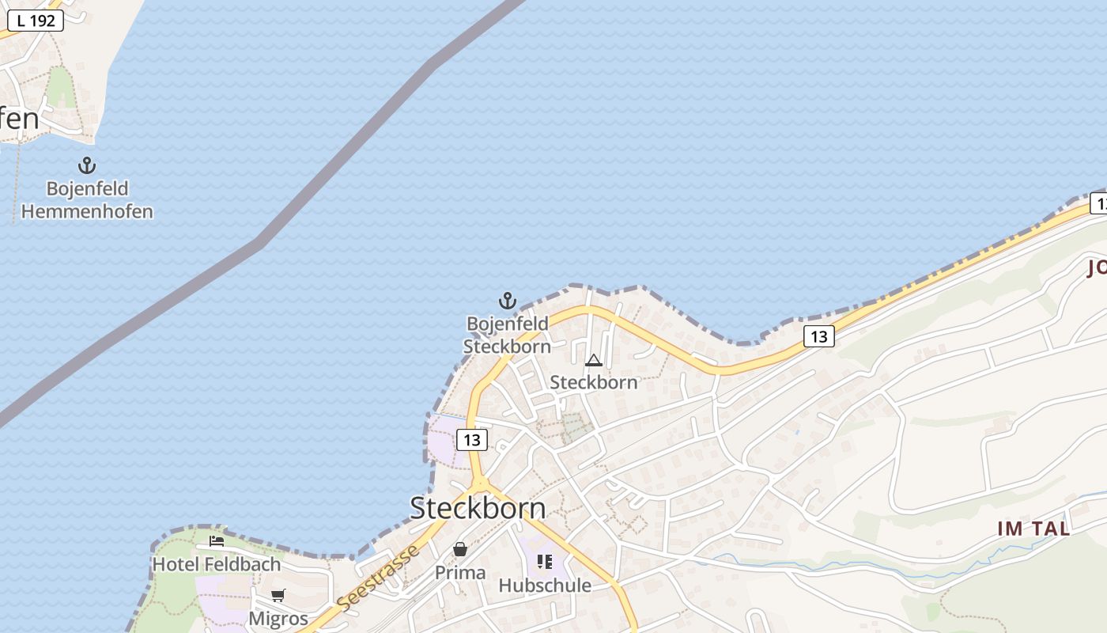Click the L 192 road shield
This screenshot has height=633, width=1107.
(36, 21)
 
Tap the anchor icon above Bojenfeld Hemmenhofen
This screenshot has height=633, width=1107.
(87, 165)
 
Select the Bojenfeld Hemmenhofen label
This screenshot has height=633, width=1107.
(87, 200)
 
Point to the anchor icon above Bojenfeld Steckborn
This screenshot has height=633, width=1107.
(508, 301)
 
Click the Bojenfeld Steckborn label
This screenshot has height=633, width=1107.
(507, 335)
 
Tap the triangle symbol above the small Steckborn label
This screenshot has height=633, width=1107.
(594, 361)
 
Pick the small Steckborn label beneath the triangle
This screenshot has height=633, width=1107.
(594, 382)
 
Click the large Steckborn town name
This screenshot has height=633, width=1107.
(478, 508)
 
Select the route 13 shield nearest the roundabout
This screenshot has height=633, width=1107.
(472, 440)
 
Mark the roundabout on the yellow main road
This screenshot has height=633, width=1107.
(480, 483)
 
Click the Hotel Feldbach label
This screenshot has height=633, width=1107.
(217, 564)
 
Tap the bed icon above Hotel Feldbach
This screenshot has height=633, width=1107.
(217, 542)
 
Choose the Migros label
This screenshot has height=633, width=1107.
(278, 618)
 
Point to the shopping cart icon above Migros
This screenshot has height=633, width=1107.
(278, 595)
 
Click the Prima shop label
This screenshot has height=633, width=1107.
(460, 572)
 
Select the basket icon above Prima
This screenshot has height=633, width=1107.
(460, 549)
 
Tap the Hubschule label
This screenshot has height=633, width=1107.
(545, 586)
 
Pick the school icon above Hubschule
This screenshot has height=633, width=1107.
(545, 562)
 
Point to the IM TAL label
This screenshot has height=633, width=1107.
(1033, 529)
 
